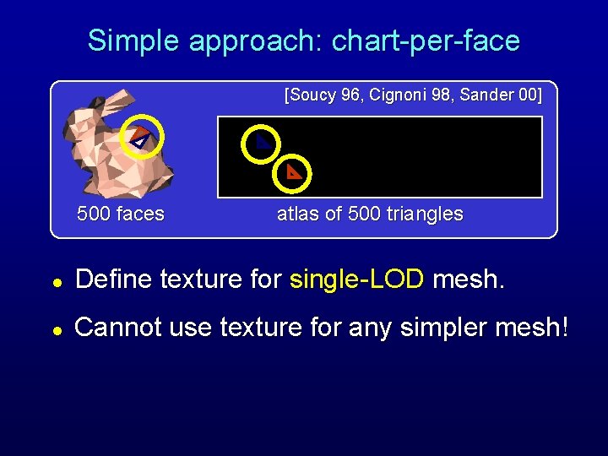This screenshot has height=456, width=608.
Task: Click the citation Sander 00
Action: click(x=499, y=95)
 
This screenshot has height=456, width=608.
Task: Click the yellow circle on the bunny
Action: click(x=141, y=136)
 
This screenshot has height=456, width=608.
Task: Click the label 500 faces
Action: click(x=121, y=214)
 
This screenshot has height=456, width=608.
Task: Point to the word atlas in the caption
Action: click(x=296, y=214)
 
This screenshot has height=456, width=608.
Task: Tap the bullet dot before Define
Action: click(x=55, y=281)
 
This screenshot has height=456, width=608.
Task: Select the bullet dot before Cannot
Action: click(x=55, y=328)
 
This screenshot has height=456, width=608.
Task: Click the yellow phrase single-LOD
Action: click(x=357, y=280)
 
